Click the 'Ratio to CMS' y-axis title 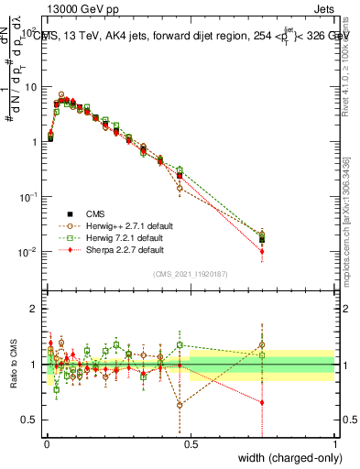[x=13, y=362]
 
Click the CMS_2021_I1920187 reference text [x=190, y=273]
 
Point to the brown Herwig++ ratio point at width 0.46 [x=180, y=404]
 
